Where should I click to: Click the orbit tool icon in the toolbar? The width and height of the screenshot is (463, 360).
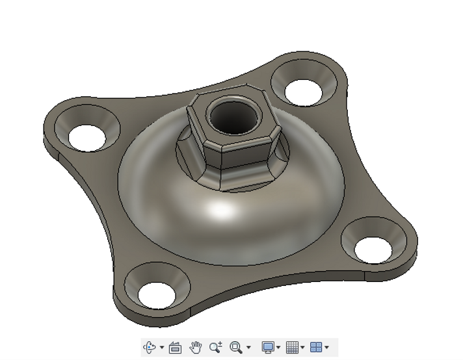point(150,348)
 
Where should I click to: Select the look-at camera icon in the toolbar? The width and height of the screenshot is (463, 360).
point(175,348)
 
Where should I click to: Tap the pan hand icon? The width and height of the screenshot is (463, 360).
point(196,348)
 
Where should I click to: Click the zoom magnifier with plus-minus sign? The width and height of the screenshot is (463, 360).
point(216,348)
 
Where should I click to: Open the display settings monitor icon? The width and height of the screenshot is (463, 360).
point(268,348)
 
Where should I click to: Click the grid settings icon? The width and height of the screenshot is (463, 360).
point(293,348)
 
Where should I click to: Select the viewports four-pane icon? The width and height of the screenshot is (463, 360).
point(316,348)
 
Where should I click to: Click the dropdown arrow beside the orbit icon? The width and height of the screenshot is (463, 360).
point(162,348)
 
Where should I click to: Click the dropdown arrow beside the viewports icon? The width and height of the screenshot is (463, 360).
point(326,348)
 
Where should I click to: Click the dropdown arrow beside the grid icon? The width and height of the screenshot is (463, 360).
point(302,348)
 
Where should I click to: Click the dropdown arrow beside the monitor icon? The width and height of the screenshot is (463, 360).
point(278,348)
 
